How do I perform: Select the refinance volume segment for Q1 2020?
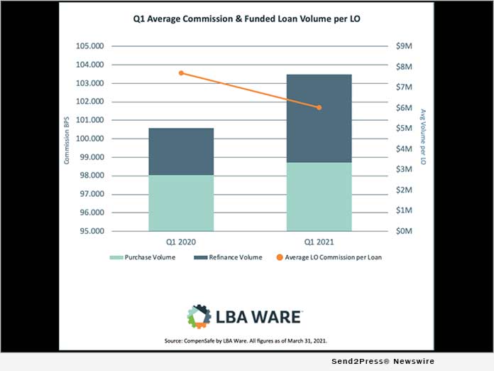(181, 151)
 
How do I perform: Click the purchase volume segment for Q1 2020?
(181, 203)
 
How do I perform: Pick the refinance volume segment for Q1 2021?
(319, 118)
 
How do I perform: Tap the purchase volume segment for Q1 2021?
(319, 196)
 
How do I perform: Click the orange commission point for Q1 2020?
(181, 72)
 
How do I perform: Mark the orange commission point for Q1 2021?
(319, 107)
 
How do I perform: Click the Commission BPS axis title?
(67, 139)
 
